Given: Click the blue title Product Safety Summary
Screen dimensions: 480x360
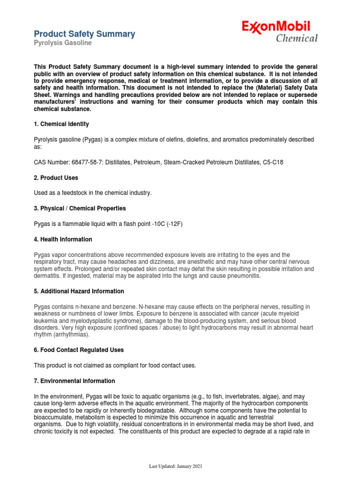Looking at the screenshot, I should pyautogui.click(x=84, y=34).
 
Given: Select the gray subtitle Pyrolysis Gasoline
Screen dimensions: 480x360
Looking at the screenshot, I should pyautogui.click(x=63, y=43).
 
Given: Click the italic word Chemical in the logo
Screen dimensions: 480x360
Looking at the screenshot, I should pyautogui.click(x=297, y=38).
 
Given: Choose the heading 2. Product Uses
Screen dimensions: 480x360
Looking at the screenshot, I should pyautogui.click(x=56, y=178).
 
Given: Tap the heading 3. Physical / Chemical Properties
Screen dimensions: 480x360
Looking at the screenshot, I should pyautogui.click(x=80, y=208).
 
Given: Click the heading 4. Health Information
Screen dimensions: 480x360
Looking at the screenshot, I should pyautogui.click(x=63, y=240).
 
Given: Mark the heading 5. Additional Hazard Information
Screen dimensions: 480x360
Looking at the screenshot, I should pyautogui.click(x=79, y=292).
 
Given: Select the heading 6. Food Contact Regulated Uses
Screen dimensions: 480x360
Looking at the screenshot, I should pyautogui.click(x=79, y=350).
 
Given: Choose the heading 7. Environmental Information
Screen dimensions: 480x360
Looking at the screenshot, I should pyautogui.click(x=74, y=381).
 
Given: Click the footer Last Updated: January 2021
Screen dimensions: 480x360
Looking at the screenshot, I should pyautogui.click(x=176, y=466).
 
